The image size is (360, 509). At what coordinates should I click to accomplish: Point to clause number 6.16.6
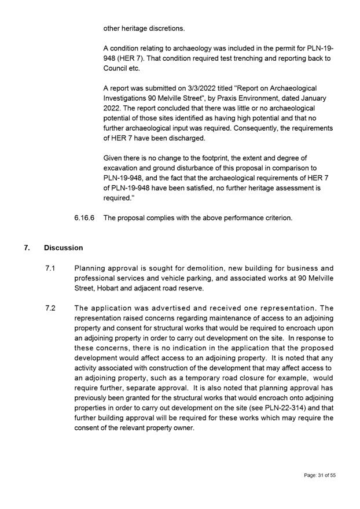tap(85, 217)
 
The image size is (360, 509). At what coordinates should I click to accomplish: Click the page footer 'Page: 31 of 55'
tap(320, 475)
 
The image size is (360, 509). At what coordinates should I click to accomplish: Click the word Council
tap(116, 68)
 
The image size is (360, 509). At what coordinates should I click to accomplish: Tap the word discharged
tap(185, 138)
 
